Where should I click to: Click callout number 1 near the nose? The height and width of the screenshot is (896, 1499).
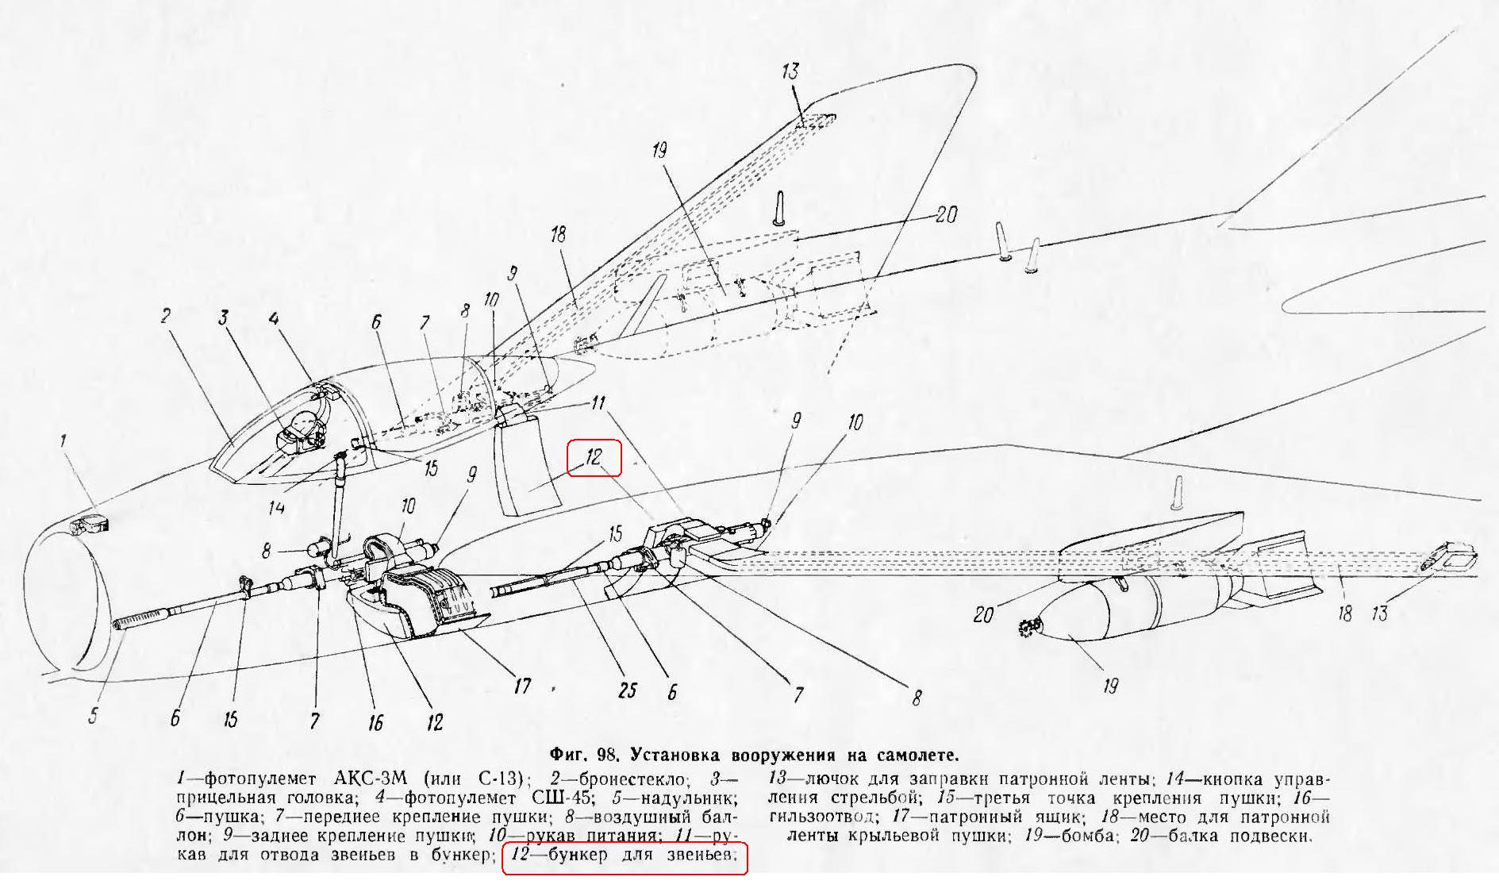[64, 440]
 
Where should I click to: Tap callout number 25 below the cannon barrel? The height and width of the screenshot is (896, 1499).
[628, 690]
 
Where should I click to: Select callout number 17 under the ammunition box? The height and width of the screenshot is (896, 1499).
[521, 684]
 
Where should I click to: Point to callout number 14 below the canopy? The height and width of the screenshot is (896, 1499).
[275, 506]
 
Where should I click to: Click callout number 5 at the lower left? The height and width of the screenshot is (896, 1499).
[94, 716]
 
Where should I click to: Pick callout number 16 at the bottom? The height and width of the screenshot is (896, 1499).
[375, 721]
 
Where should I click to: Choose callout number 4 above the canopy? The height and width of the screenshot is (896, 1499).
[274, 320]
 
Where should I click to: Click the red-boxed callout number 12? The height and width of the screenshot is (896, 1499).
[594, 457]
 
